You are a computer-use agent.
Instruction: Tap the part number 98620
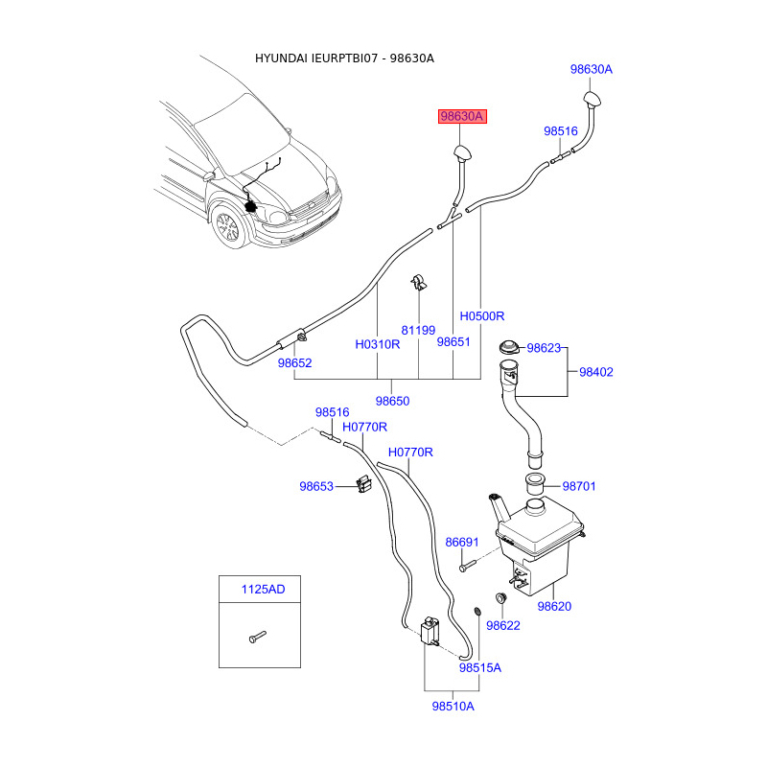point(554,606)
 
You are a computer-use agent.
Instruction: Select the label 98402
point(595,372)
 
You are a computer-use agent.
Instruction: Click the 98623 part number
point(543,348)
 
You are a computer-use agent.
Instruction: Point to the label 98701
point(579,486)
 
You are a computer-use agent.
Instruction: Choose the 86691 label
point(462,542)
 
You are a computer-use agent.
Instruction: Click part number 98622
point(502,625)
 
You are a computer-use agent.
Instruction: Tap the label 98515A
point(479,667)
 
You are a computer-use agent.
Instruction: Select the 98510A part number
point(453,706)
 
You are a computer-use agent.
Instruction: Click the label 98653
point(316,486)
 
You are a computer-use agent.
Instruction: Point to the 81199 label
point(418,330)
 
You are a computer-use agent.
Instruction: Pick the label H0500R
point(481,315)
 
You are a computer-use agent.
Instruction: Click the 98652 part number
point(295,363)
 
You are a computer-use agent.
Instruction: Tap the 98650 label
point(392,401)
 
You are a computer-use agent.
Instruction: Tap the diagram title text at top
point(344,58)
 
